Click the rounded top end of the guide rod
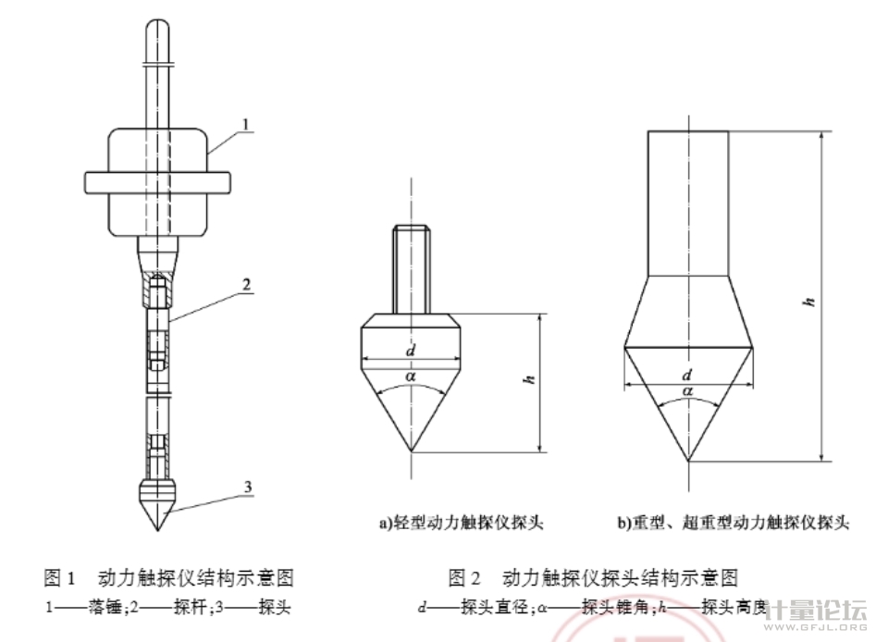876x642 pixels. pyautogui.click(x=156, y=28)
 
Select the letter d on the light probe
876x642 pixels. pyautogui.click(x=409, y=350)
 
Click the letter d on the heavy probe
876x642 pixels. pyautogui.click(x=686, y=375)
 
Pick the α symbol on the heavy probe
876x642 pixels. pyautogui.click(x=687, y=392)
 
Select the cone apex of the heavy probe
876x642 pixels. pyautogui.click(x=688, y=461)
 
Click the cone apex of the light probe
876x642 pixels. pyautogui.click(x=410, y=450)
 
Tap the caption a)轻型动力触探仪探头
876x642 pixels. pyautogui.click(x=459, y=524)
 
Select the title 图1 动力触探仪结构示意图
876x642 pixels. pyautogui.click(x=169, y=579)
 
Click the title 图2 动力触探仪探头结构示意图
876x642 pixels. pyautogui.click(x=593, y=579)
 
